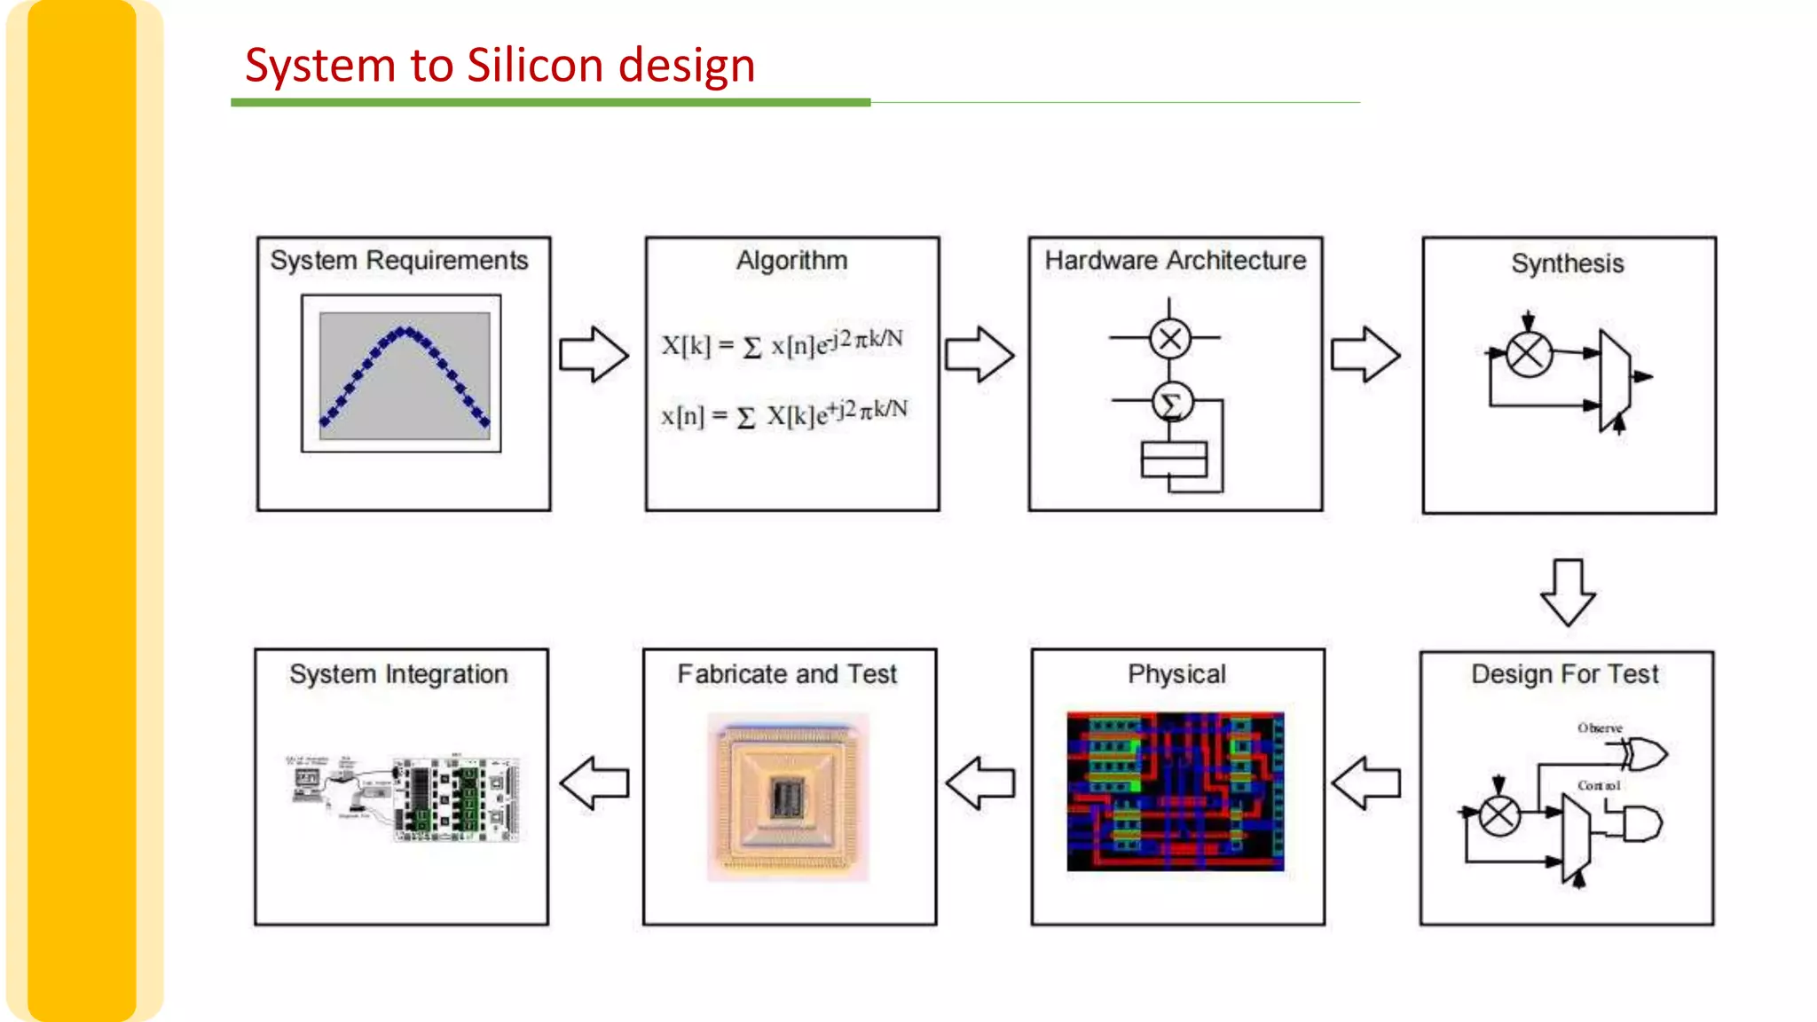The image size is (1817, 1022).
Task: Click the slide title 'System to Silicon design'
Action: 499,66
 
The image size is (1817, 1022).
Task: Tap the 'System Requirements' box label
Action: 399,260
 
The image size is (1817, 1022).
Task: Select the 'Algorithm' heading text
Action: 791,260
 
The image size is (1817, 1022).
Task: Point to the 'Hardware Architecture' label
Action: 1175,260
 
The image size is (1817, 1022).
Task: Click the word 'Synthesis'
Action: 1568,263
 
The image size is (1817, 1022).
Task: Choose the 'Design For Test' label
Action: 1564,674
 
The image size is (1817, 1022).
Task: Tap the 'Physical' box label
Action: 1176,674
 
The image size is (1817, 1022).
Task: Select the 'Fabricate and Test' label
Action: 787,674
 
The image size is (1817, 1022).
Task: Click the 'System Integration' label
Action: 398,674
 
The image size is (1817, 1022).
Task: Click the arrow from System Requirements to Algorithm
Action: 594,354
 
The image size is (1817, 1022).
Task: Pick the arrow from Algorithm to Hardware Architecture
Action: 979,354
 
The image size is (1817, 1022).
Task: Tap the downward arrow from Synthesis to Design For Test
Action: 1568,592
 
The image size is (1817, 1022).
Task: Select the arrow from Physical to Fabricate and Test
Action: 980,782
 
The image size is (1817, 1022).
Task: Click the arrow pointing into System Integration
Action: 594,782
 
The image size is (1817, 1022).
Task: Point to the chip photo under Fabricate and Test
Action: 788,797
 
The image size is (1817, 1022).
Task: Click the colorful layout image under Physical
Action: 1175,790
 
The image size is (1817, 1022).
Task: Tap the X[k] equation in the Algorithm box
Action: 782,343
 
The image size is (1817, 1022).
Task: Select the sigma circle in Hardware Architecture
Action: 1171,403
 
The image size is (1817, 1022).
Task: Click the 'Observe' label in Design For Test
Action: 1600,728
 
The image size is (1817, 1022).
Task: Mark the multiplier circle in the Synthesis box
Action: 1529,355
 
